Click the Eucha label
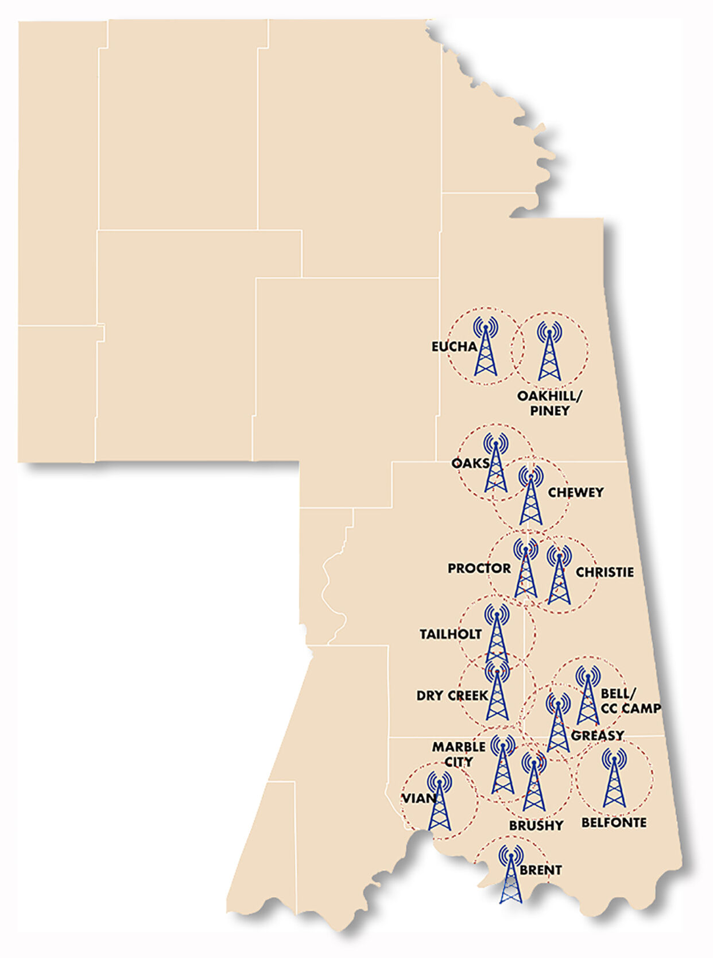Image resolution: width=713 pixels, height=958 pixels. pyautogui.click(x=454, y=346)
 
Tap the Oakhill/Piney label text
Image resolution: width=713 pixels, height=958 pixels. pyautogui.click(x=549, y=403)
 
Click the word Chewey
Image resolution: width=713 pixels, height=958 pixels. pyautogui.click(x=576, y=492)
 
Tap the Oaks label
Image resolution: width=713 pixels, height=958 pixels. pyautogui.click(x=470, y=463)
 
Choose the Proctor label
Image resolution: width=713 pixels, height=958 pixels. pyautogui.click(x=479, y=568)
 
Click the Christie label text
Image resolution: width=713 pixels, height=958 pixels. pyautogui.click(x=604, y=572)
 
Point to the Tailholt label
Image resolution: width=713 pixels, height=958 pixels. pyautogui.click(x=451, y=634)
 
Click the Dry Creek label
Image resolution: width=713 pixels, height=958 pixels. pyautogui.click(x=452, y=696)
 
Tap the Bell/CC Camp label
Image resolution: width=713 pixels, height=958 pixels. pyautogui.click(x=630, y=701)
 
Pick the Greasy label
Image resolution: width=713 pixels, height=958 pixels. pyautogui.click(x=598, y=735)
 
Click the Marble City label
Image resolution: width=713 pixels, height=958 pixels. pyautogui.click(x=459, y=754)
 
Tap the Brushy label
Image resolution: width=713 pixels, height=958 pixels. pyautogui.click(x=536, y=825)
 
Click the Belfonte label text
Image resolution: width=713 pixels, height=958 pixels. pyautogui.click(x=614, y=822)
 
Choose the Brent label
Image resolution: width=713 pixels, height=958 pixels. pyautogui.click(x=541, y=870)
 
